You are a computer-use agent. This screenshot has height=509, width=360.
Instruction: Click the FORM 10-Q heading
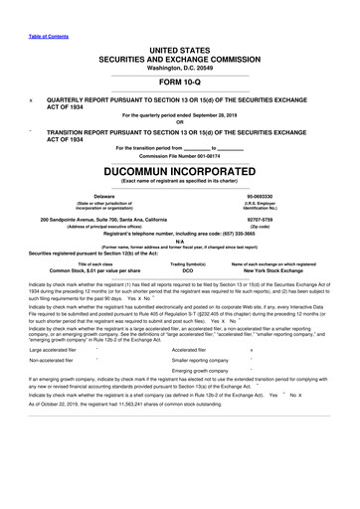pos(179,83)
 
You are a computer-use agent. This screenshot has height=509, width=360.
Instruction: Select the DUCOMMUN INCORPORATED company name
pos(179,170)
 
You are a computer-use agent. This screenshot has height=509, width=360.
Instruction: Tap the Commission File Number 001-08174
pos(180,155)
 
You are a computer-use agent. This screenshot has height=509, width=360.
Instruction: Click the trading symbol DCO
pos(180,269)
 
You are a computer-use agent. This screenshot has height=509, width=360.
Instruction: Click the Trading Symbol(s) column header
pos(180,261)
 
